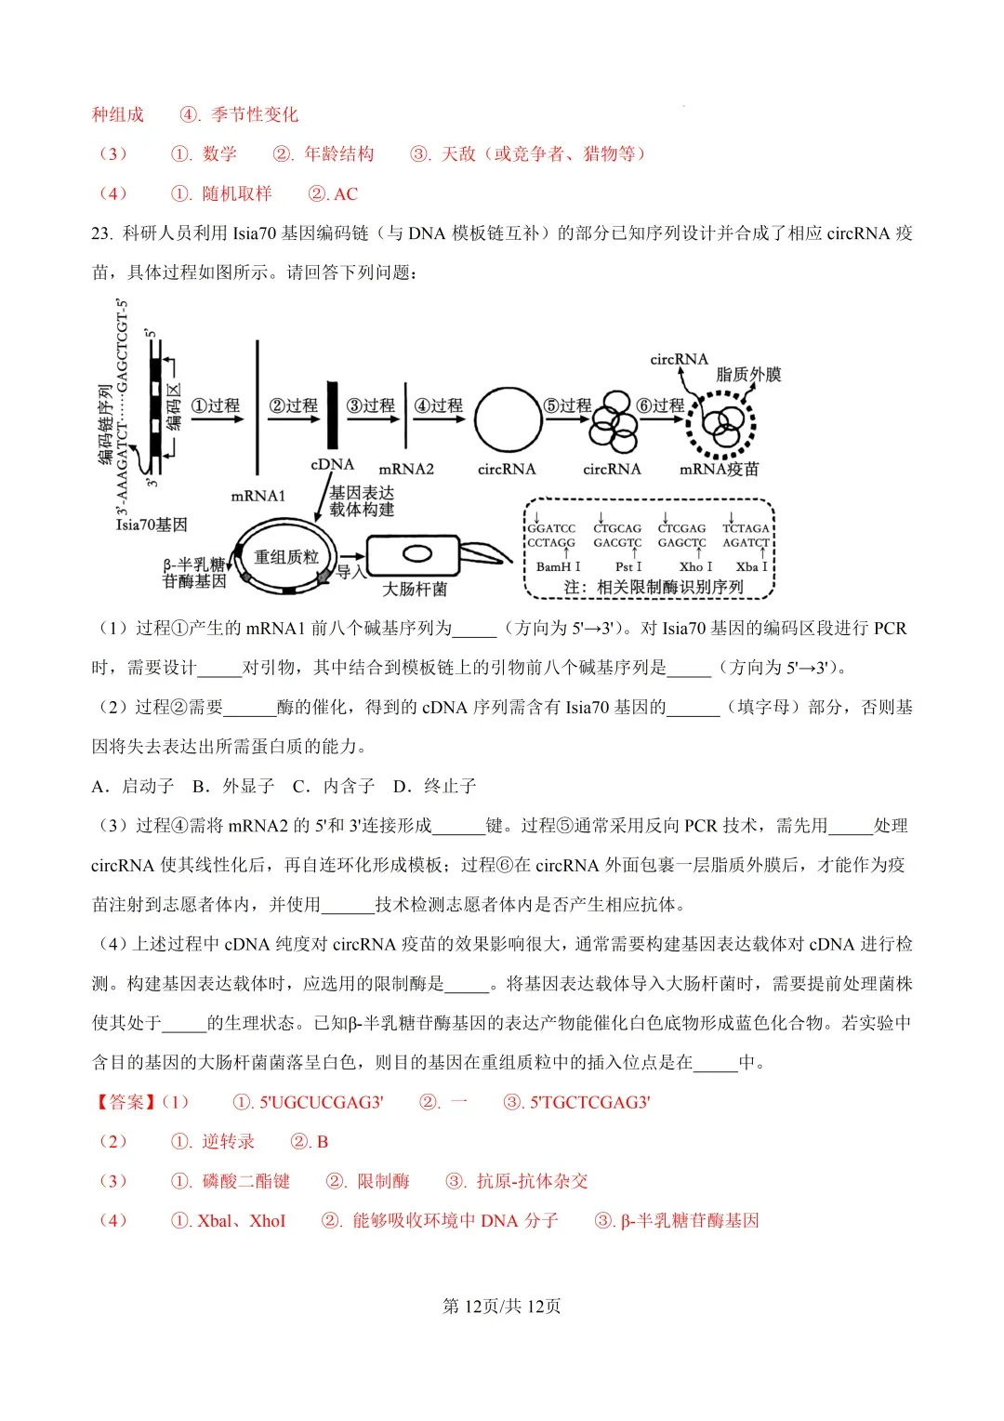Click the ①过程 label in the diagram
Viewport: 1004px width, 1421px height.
point(216,405)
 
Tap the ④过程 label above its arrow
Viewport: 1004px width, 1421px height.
point(438,405)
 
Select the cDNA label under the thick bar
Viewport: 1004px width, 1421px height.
point(332,464)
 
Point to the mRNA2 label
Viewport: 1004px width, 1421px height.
point(406,469)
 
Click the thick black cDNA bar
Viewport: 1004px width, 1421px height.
point(332,415)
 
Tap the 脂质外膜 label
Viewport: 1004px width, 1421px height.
point(748,374)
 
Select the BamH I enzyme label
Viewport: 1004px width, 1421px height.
point(558,566)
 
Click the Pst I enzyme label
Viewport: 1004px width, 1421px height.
point(628,566)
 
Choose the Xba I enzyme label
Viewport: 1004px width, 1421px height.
point(751,566)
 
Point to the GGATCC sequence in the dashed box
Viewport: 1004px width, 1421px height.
point(551,528)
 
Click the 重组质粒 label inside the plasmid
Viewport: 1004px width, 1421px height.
point(286,557)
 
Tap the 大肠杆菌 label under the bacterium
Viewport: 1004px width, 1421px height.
point(415,589)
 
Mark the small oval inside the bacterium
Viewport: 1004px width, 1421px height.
point(416,554)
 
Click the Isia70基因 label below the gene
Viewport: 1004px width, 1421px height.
point(152,525)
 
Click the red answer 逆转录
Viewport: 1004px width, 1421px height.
point(228,1142)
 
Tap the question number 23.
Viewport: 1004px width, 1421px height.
point(101,233)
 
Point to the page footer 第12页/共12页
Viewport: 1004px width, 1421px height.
point(502,1306)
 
